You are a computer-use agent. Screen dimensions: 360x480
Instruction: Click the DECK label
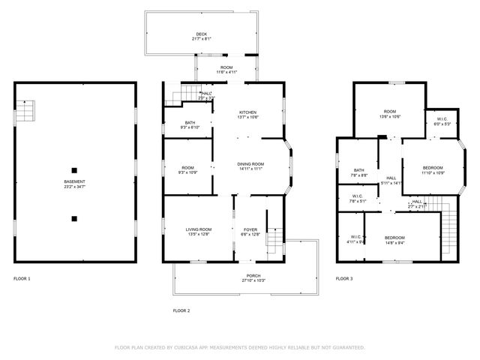(x=201, y=34)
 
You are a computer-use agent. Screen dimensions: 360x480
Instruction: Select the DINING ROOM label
(x=250, y=163)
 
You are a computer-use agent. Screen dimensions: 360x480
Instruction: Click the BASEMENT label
(x=73, y=181)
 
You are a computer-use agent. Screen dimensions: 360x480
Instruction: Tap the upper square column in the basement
(x=73, y=168)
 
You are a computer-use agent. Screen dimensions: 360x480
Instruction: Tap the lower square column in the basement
(x=73, y=219)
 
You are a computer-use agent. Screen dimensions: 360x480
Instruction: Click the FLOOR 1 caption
(x=22, y=278)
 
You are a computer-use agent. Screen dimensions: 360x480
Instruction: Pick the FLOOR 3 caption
(x=344, y=278)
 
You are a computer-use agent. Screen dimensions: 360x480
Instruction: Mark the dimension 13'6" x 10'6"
(x=390, y=117)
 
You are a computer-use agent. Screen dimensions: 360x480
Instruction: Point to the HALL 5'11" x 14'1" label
(x=391, y=179)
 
